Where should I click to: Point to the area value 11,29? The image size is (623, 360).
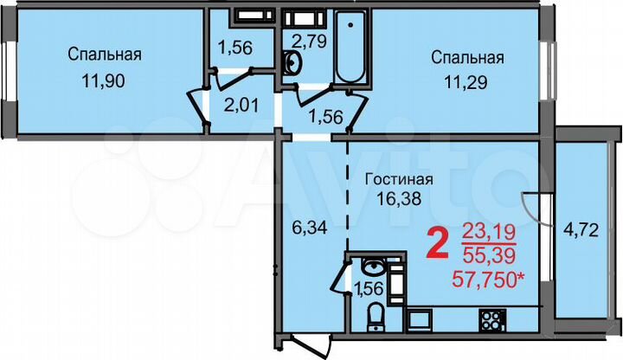click(467, 85)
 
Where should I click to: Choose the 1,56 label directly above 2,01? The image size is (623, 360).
click(234, 48)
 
